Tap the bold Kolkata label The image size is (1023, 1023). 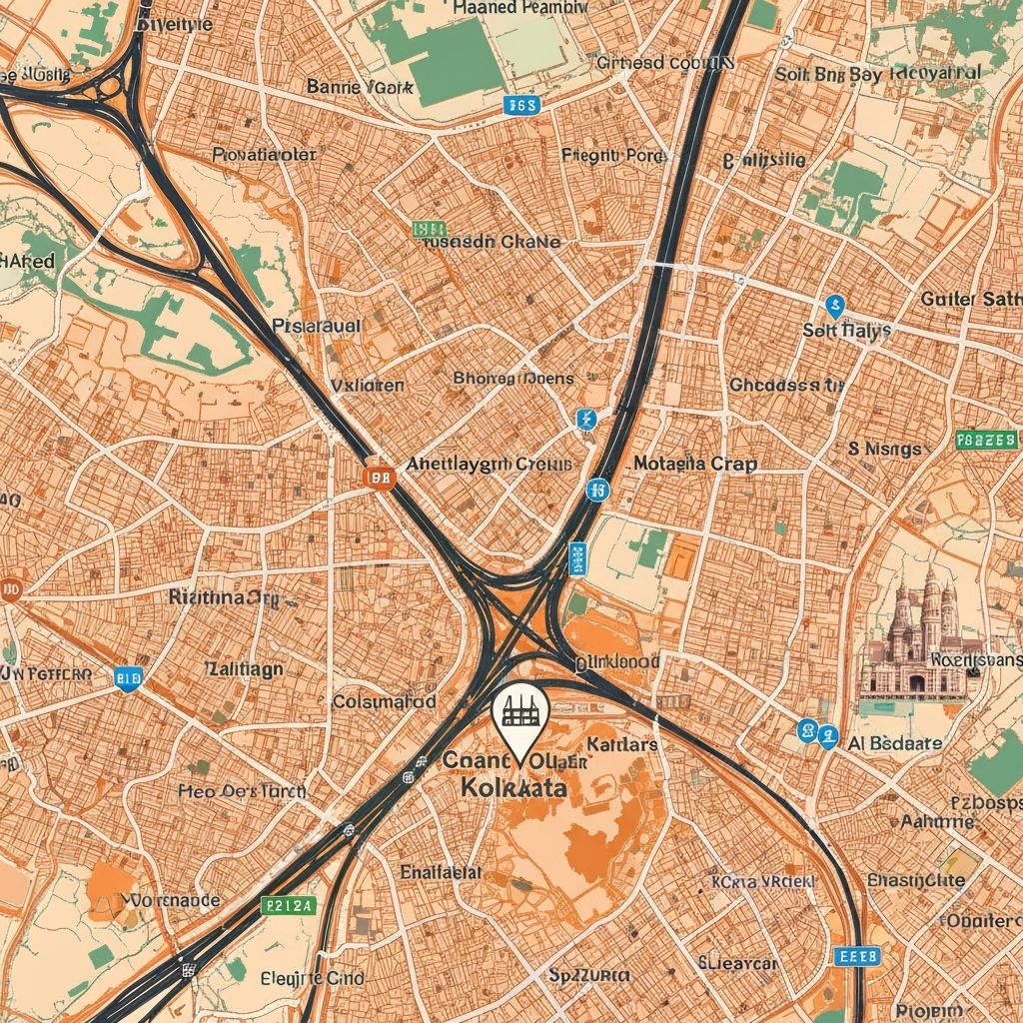tap(514, 787)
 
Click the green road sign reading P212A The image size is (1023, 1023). tap(287, 906)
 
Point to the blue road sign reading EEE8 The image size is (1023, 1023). tap(859, 956)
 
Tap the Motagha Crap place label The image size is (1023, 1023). tap(695, 464)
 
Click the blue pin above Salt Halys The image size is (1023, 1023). tap(835, 306)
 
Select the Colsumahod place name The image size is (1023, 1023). tap(384, 701)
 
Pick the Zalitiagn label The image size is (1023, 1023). tap(243, 668)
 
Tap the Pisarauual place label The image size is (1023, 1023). tap(317, 326)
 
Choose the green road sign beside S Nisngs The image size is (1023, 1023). tap(986, 440)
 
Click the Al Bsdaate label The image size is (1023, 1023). tap(894, 743)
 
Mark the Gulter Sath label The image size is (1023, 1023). tap(971, 298)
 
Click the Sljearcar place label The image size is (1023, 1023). tap(738, 963)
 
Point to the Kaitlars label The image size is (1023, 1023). tap(621, 744)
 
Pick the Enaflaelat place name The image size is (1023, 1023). tap(441, 871)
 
